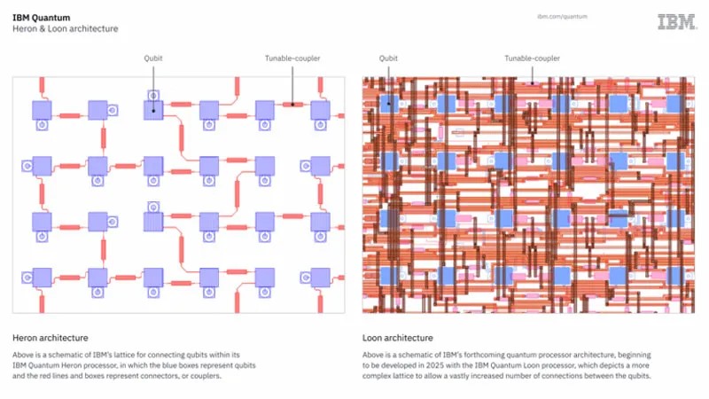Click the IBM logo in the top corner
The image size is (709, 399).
click(676, 21)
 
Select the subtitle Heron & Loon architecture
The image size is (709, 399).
click(65, 28)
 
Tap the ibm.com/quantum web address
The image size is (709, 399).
click(563, 16)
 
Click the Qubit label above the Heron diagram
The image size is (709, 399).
click(153, 59)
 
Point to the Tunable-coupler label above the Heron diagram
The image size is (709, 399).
click(292, 59)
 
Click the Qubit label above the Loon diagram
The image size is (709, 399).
click(388, 59)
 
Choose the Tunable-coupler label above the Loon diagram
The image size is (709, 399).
click(533, 59)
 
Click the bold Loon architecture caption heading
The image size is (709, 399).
click(398, 338)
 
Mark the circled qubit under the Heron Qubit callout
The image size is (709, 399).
click(153, 110)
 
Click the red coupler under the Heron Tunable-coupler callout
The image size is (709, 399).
click(293, 104)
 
